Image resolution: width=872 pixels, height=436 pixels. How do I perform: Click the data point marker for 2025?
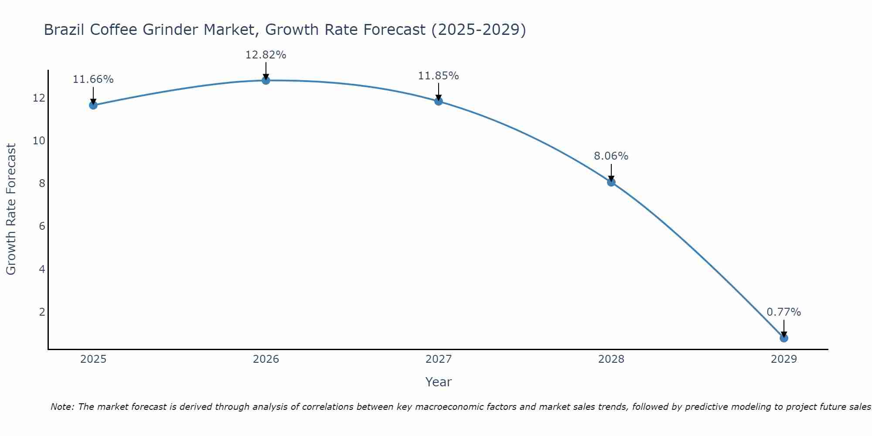(x=93, y=105)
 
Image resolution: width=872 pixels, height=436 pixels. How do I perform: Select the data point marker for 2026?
(x=266, y=80)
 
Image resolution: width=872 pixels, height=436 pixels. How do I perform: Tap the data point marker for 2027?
(x=439, y=101)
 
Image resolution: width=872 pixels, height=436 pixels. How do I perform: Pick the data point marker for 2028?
(x=611, y=182)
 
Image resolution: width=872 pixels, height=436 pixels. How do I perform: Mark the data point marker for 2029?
(x=784, y=338)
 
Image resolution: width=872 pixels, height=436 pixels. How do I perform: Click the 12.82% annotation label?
(x=266, y=55)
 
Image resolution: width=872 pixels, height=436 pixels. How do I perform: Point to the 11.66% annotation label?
(x=93, y=79)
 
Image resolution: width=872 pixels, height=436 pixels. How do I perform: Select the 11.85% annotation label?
(x=438, y=76)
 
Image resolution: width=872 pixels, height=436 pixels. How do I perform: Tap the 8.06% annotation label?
(x=611, y=156)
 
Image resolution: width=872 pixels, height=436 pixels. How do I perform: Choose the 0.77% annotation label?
(x=783, y=312)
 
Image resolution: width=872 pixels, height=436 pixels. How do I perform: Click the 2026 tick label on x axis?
(x=266, y=359)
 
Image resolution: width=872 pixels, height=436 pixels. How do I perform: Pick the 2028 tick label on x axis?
(x=611, y=359)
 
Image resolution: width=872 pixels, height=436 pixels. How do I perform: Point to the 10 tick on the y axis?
(x=39, y=140)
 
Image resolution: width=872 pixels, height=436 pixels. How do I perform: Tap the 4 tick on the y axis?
(x=42, y=269)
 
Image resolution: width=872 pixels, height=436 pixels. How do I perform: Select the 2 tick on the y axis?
(x=42, y=312)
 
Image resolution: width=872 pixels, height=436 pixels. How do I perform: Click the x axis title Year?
(x=438, y=382)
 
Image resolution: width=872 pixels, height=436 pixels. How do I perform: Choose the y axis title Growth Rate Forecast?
(x=11, y=209)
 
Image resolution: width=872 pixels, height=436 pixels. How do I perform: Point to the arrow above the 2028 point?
(x=611, y=172)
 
